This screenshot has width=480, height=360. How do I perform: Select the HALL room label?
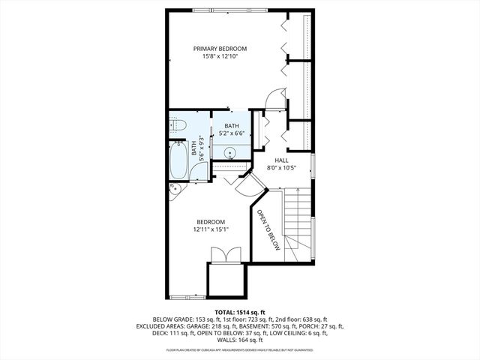click(281, 160)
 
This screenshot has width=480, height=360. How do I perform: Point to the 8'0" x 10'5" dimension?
click(281, 168)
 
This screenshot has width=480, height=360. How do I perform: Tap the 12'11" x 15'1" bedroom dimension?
click(211, 229)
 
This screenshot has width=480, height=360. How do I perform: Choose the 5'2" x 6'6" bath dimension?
click(231, 133)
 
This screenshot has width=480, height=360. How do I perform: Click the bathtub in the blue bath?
click(178, 158)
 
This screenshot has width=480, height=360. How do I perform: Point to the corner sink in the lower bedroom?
click(174, 188)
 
